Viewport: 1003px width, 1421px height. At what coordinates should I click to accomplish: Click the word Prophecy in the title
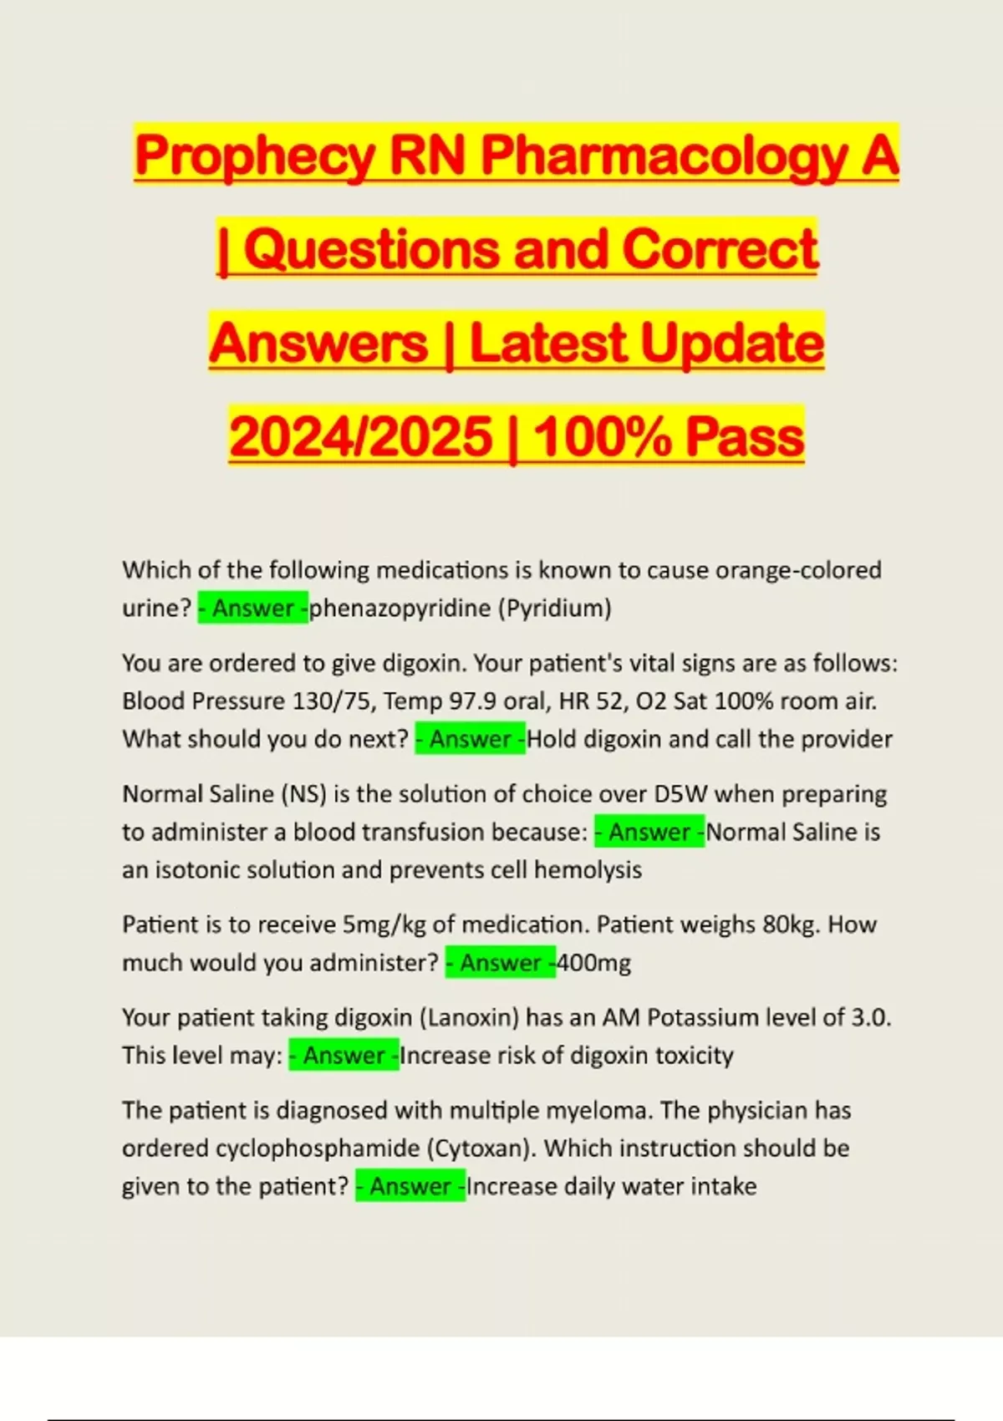click(255, 156)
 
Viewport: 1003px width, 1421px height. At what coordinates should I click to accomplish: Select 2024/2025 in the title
click(361, 437)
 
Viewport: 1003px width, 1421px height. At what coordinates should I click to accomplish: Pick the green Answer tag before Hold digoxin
click(471, 739)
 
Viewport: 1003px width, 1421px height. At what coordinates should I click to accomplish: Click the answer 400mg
click(593, 963)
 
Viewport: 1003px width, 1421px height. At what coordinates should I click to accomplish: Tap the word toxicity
click(694, 1056)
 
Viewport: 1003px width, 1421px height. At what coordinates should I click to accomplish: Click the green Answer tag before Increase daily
click(410, 1187)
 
